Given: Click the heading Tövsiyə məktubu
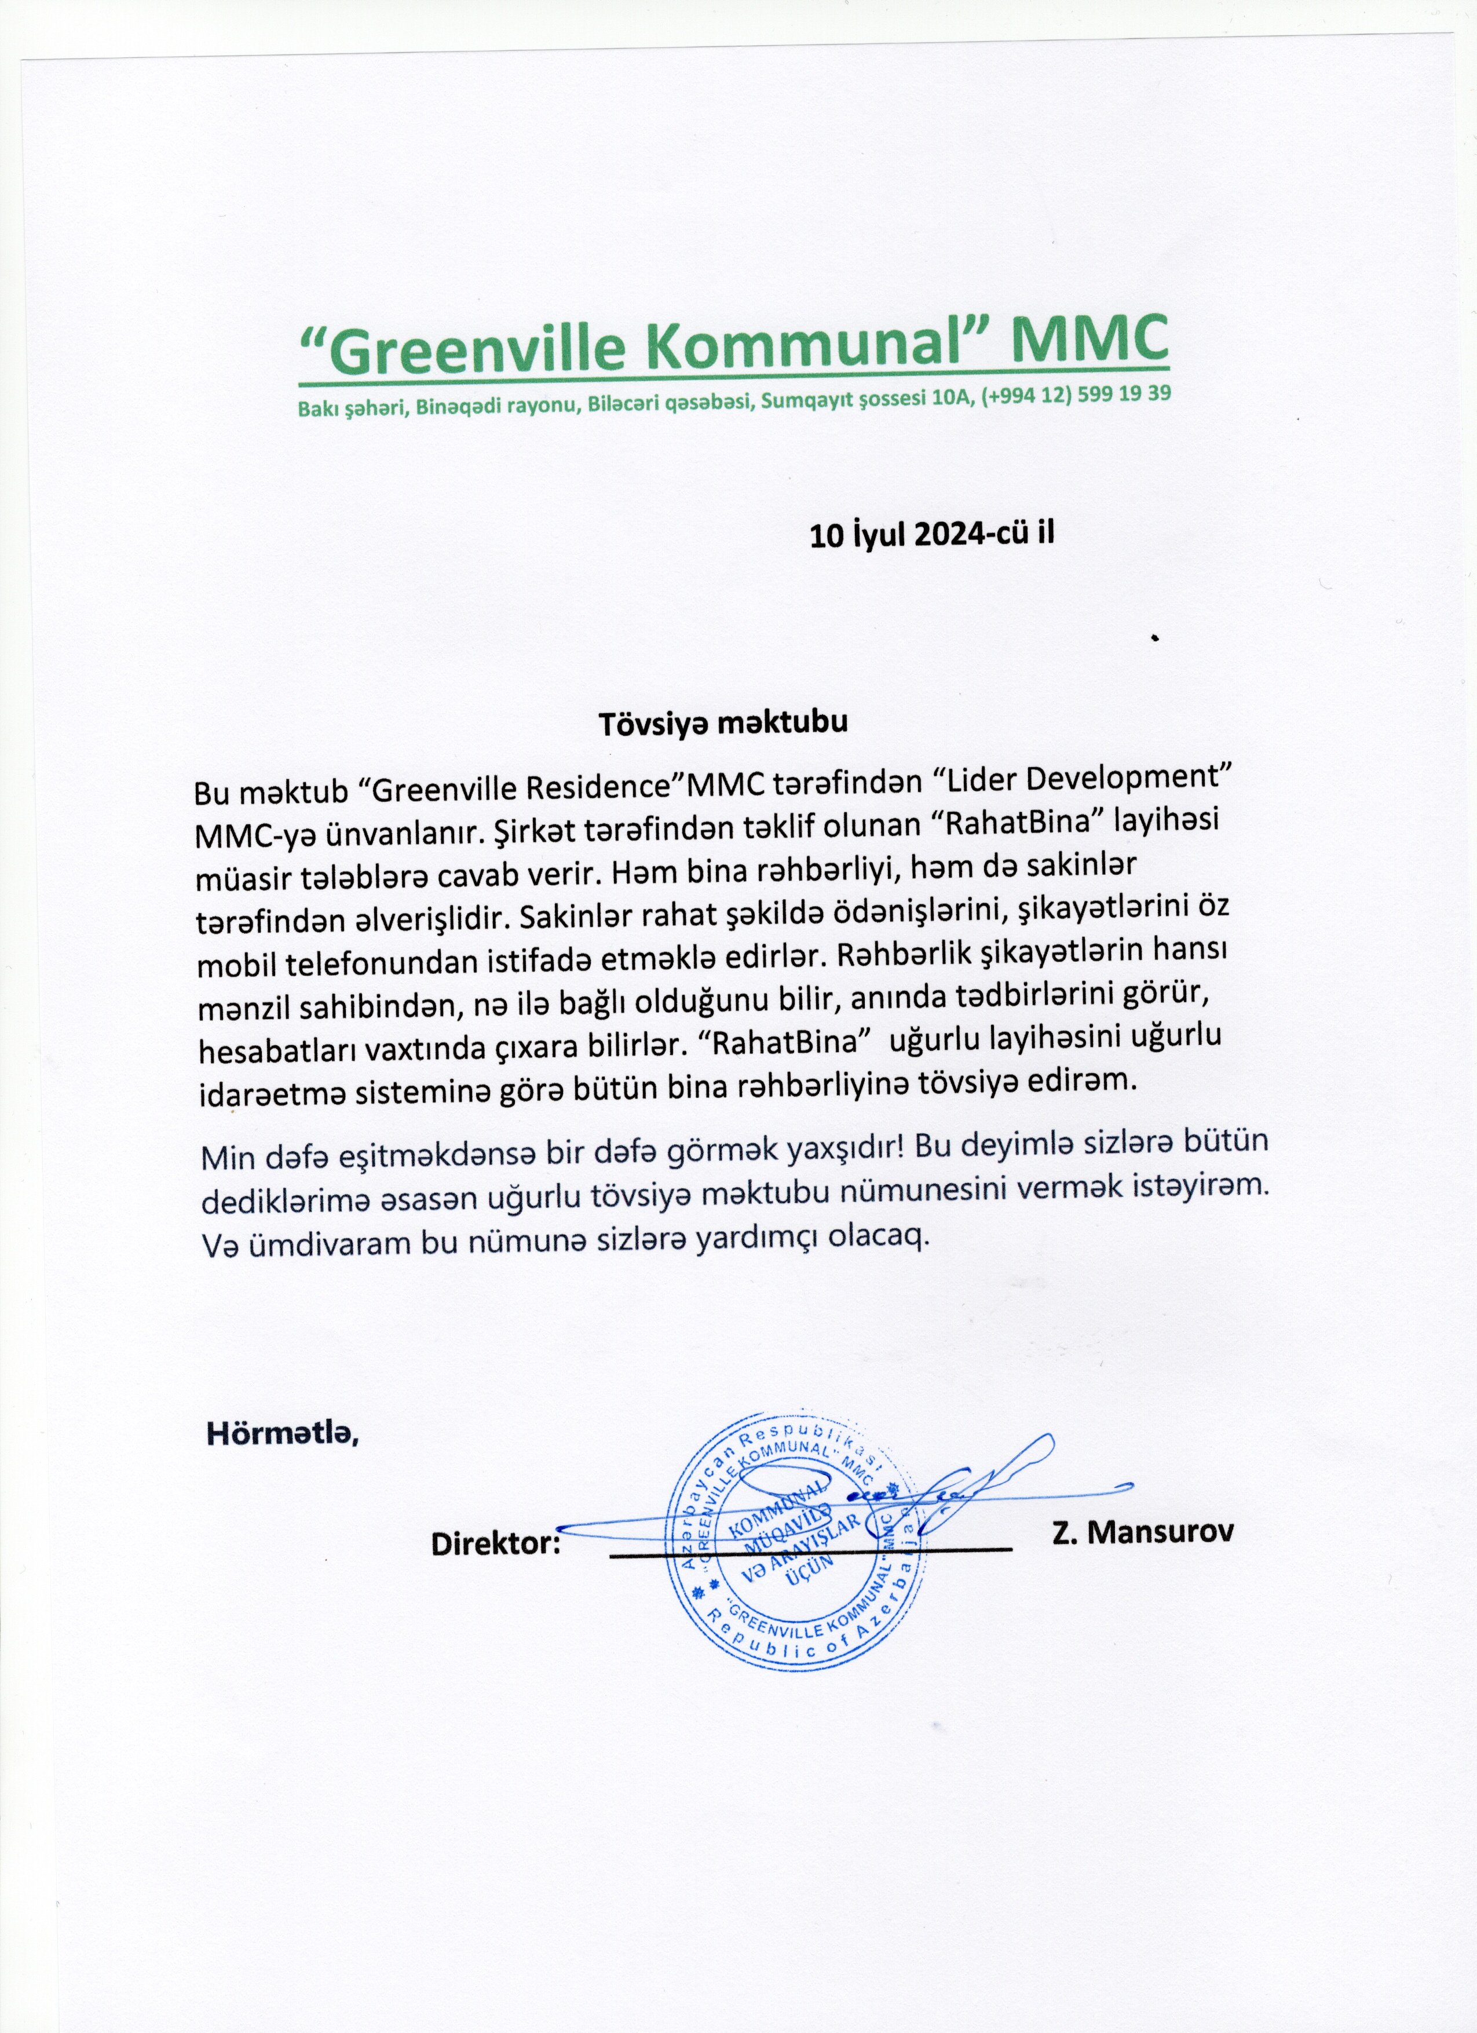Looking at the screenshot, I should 722,724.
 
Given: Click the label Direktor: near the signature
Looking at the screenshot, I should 496,1543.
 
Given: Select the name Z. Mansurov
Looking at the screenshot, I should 1143,1531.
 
